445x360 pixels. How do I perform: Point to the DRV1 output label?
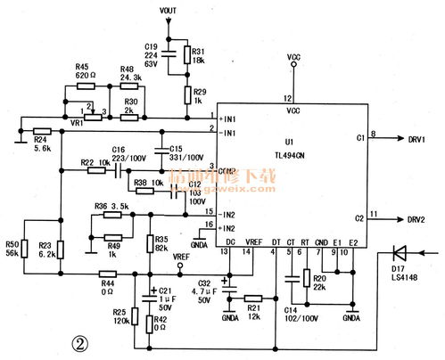tap(416, 139)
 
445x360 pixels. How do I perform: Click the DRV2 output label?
tap(416, 219)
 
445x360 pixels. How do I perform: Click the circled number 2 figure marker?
tap(80, 342)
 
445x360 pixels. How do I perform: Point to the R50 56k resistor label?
tap(12, 248)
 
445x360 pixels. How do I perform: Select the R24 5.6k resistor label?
tap(40, 143)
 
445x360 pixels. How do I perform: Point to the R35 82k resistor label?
tap(161, 244)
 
